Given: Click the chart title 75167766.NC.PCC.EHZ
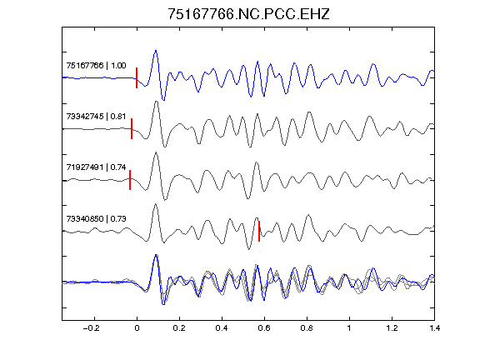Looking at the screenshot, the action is point(248,14).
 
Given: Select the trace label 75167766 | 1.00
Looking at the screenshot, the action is point(96,66).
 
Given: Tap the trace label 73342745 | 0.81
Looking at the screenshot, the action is point(96,117).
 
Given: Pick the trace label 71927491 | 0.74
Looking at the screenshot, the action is point(96,167).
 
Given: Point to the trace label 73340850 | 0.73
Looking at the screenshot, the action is point(96,218).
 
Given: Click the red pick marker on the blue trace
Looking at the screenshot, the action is point(137,78).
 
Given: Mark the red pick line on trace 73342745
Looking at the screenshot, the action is point(132,129).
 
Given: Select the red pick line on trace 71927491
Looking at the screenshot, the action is point(130,180).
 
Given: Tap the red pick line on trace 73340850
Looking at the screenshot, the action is point(259,231).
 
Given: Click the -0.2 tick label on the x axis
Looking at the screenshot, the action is point(92,328).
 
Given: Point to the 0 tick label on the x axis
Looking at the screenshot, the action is point(137,328).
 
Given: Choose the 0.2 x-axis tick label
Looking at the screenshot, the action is point(179,328).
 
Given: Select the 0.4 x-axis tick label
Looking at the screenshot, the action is point(222,328).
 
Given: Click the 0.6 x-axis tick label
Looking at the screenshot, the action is point(264,328).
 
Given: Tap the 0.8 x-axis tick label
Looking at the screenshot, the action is point(307,328).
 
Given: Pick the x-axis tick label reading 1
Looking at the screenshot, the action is point(349,328).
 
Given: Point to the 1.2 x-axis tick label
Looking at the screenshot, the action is point(392,328).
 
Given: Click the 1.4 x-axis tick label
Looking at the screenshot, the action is point(434,328).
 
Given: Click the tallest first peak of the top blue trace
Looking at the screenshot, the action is point(156,51).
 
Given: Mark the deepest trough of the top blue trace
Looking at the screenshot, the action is point(164,100).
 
